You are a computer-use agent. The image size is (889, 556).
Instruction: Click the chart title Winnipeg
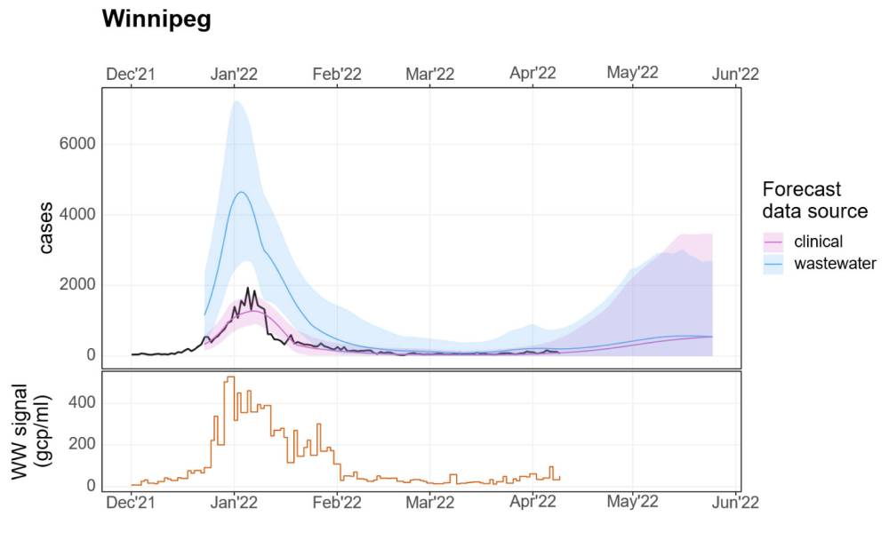156,20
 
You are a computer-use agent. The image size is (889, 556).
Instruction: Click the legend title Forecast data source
814,201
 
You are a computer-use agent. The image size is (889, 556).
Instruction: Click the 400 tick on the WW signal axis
84,402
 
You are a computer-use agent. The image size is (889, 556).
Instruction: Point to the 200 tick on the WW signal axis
84,444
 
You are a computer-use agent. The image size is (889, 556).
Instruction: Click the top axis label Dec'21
131,74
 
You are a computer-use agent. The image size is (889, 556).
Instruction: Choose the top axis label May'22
632,72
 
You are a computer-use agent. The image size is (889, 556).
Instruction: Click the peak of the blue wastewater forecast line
241,192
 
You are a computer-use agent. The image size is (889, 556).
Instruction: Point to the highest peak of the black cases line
248,288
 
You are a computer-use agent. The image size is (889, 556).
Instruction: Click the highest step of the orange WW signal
229,377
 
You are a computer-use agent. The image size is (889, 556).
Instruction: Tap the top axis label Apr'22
533,74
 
